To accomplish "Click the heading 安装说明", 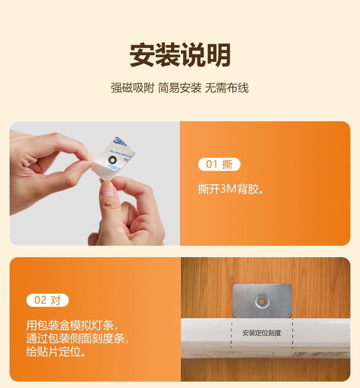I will point(180,55).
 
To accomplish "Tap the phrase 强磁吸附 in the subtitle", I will point(133,88).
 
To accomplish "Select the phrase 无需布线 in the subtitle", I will point(226,88).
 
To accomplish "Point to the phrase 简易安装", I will point(180,88).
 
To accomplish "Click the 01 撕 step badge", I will point(219,164).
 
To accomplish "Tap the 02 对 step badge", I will point(47,300).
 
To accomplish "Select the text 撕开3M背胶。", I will point(231,189).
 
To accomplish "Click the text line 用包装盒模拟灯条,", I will point(72,326).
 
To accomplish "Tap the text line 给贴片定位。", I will point(56,352).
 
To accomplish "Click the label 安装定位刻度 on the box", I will point(262,333).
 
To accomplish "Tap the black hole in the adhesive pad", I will point(112,160).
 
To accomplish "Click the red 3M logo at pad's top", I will point(119,141).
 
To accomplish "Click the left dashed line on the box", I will point(231,335).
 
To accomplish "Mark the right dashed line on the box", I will point(292,335).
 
